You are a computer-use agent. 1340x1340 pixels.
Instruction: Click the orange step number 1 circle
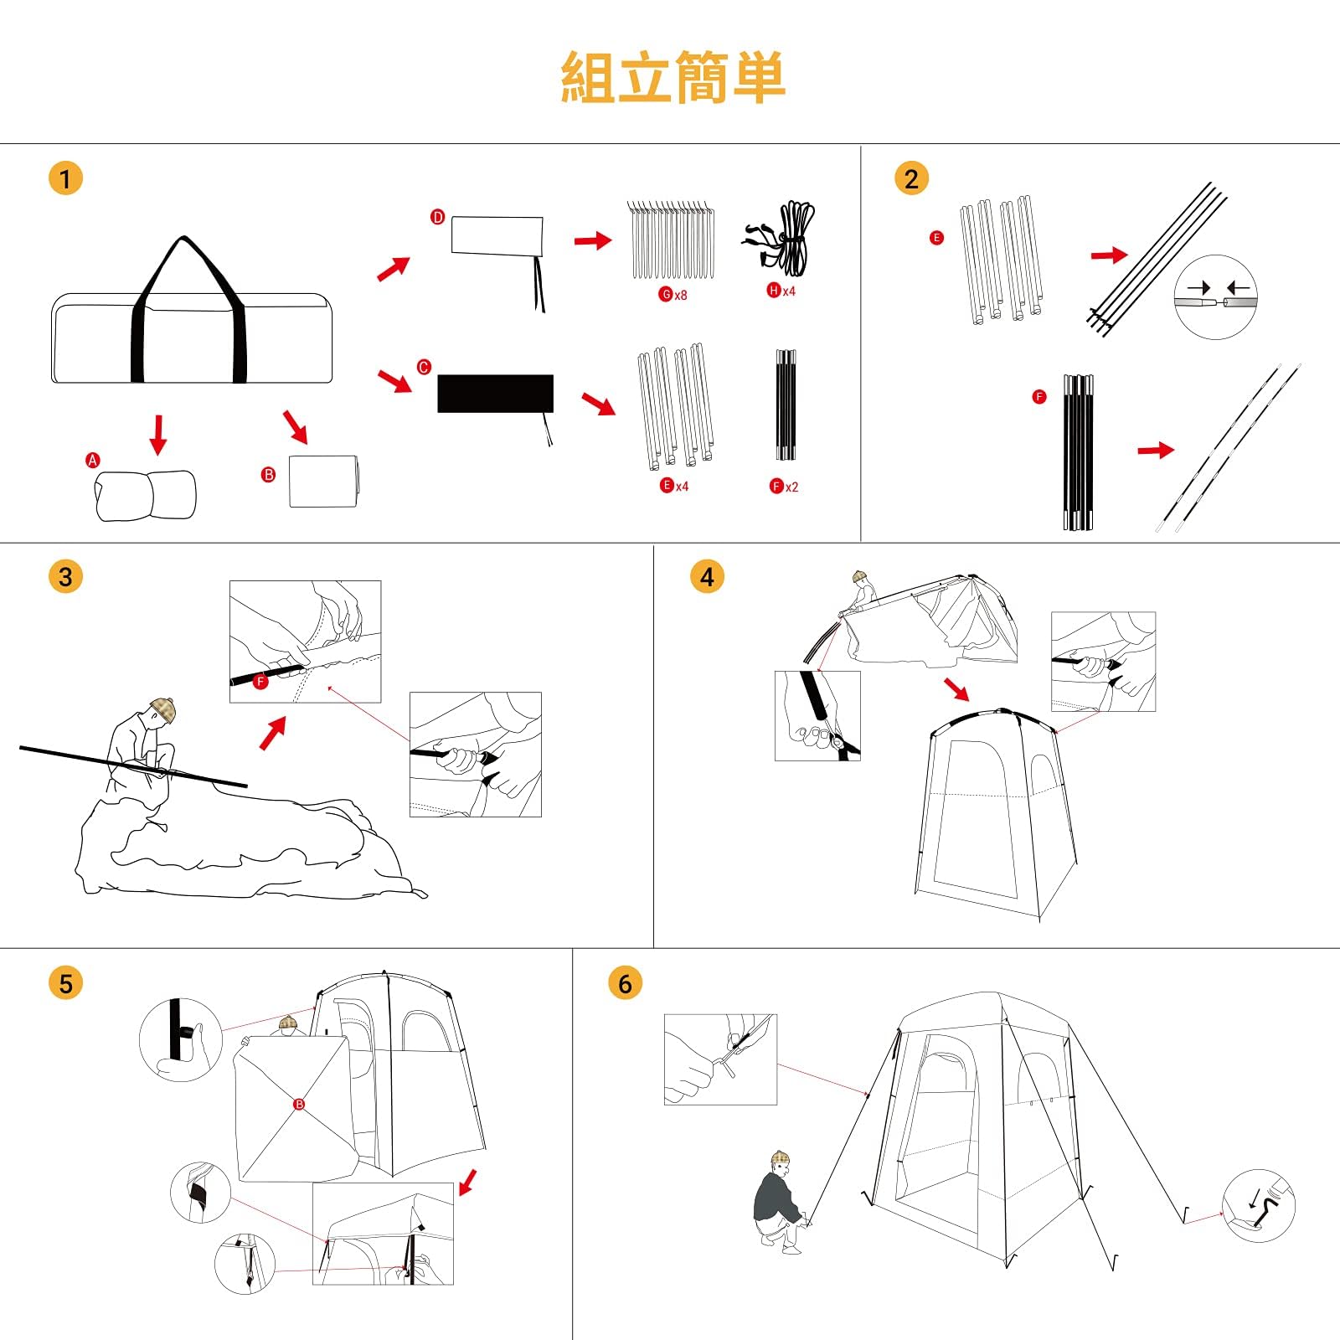[x=65, y=178]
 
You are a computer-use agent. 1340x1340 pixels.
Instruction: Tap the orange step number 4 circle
[x=707, y=577]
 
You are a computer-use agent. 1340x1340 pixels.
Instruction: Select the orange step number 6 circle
[x=625, y=983]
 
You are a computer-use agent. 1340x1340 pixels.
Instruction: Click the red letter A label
[x=93, y=460]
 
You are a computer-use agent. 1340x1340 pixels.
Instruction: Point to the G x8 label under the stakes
[x=673, y=295]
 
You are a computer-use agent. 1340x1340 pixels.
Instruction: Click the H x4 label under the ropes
[x=781, y=291]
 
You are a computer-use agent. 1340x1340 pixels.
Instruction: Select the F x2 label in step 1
[x=784, y=487]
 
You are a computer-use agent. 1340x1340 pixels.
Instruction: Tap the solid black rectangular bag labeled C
[x=495, y=394]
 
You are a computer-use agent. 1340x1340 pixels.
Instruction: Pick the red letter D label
[x=437, y=217]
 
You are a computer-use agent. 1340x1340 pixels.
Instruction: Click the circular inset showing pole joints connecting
[x=1215, y=297]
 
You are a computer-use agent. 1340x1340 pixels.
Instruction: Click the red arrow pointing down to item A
[x=157, y=434]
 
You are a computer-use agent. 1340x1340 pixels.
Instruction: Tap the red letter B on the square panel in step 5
[x=299, y=1105]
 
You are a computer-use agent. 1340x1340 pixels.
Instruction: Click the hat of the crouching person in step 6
[x=781, y=1157]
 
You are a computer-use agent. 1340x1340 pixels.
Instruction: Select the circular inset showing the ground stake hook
[x=1258, y=1206]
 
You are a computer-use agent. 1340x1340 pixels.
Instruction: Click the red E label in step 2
[x=936, y=238]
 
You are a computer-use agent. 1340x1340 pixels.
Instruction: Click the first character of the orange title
[x=588, y=78]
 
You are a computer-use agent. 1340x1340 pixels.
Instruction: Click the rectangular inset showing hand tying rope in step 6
[x=720, y=1059]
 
